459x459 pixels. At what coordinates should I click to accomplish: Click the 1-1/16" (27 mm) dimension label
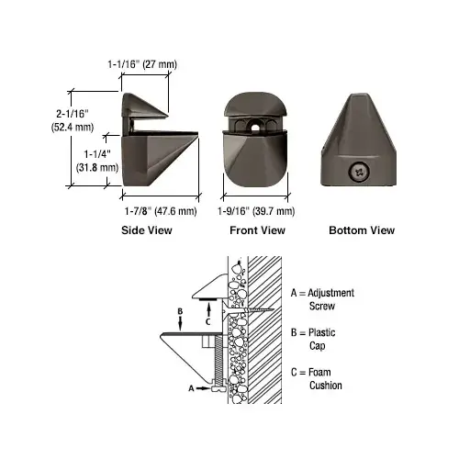pos(142,64)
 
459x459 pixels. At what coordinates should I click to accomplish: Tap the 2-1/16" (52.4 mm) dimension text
pos(73,120)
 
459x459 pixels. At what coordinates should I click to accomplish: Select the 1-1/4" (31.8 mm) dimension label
pos(97,161)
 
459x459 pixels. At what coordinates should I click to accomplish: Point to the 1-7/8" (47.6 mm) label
pos(161,211)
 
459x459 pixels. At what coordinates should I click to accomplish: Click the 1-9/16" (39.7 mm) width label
pos(256,211)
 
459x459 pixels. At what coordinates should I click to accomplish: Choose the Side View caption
pos(147,230)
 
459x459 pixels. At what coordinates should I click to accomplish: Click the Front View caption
pos(257,230)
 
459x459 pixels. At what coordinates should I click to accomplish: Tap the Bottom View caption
pos(362,230)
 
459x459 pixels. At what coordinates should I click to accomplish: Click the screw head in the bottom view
pos(359,173)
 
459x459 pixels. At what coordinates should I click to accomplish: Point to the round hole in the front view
pos(254,125)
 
